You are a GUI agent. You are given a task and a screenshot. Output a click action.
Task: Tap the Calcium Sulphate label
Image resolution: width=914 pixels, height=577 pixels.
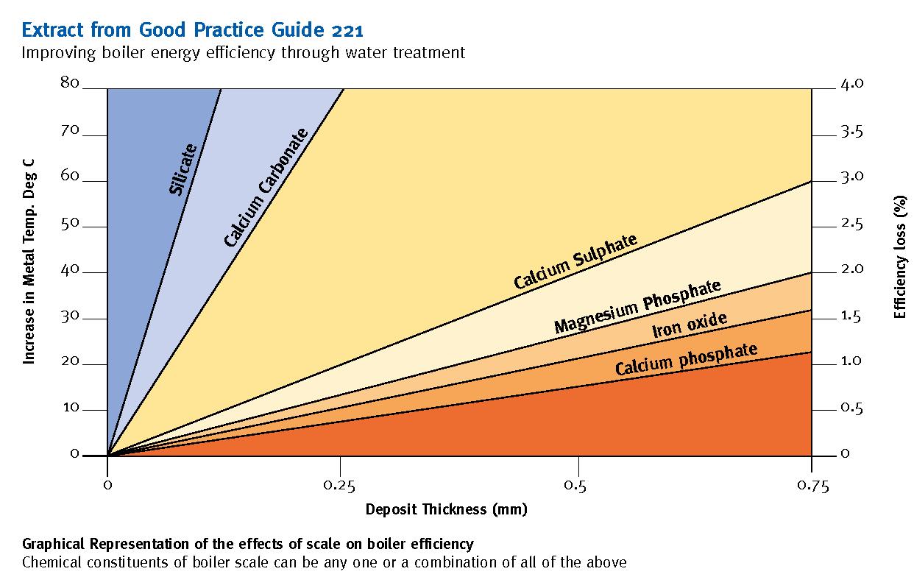(575, 262)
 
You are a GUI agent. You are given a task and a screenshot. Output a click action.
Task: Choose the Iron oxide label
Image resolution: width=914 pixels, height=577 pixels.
(690, 325)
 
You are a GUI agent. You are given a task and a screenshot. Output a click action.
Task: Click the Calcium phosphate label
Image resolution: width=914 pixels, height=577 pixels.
(686, 358)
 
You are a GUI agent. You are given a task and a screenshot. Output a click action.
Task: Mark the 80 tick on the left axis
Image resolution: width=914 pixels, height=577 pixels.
(70, 82)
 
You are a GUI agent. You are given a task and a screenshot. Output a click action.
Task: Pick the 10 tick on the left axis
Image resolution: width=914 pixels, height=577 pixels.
(70, 407)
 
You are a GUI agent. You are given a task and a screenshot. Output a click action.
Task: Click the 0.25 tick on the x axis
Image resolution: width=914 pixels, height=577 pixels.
(341, 485)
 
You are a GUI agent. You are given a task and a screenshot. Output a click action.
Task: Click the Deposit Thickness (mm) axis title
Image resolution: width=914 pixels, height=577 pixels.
(446, 509)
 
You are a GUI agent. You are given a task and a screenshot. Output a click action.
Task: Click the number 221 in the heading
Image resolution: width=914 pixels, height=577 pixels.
(344, 31)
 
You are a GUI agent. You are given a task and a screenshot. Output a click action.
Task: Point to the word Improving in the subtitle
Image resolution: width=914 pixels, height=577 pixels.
(55, 53)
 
